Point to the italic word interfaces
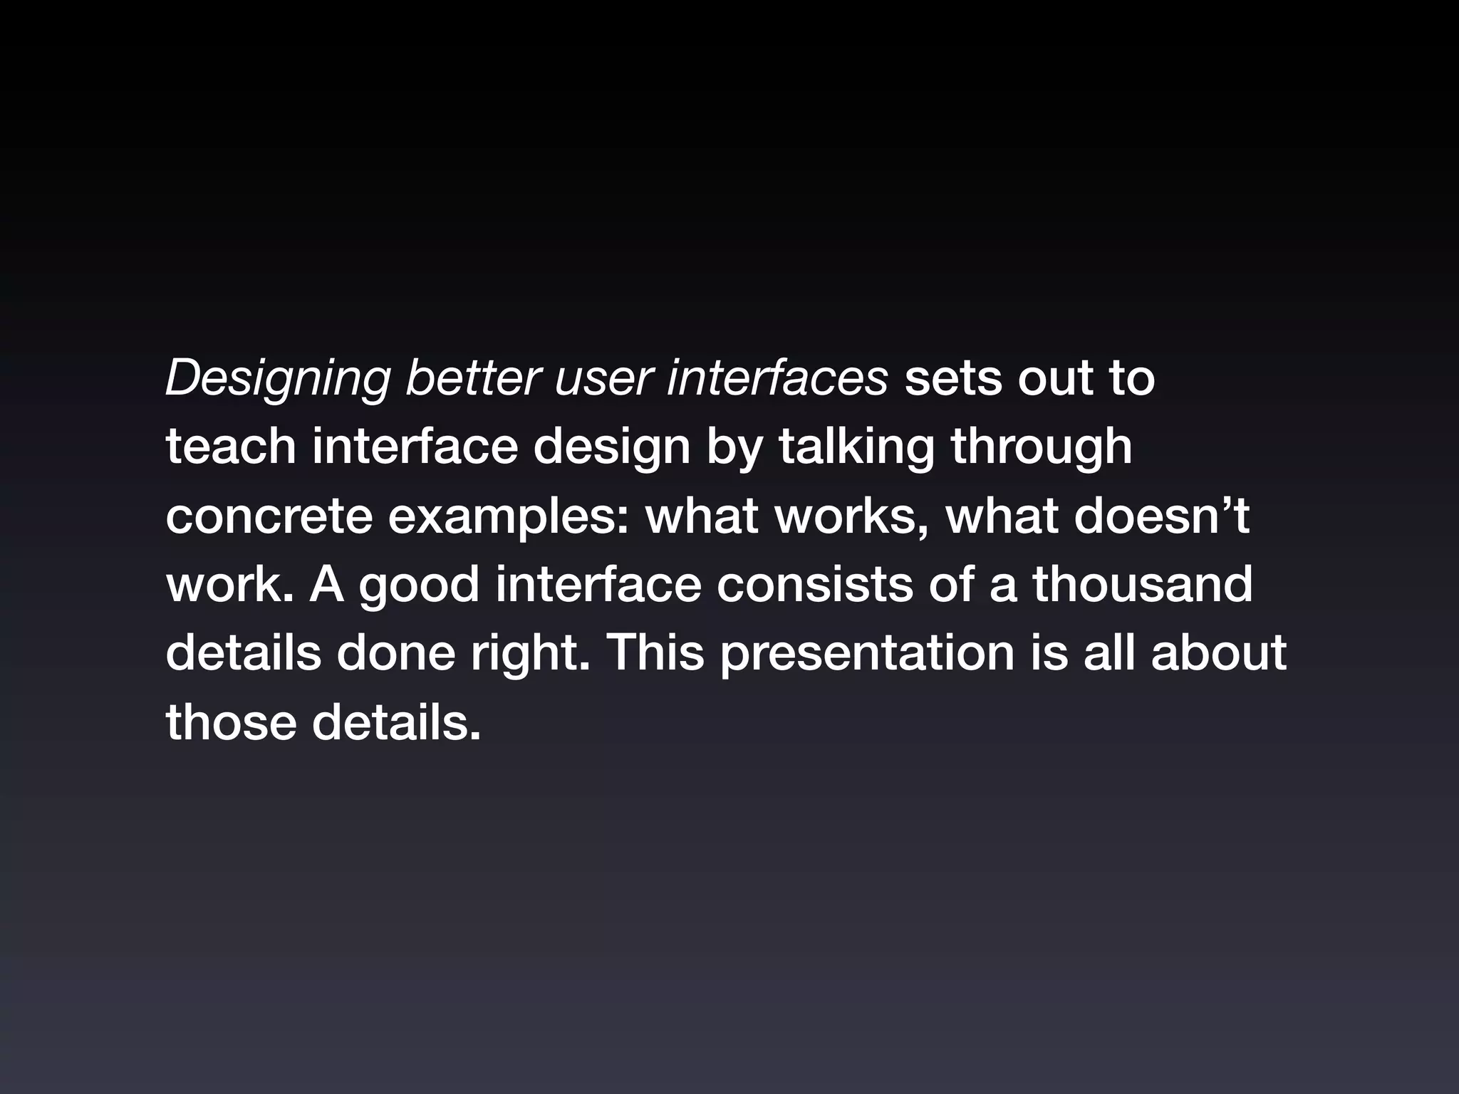pos(777,379)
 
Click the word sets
pos(952,379)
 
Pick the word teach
pos(230,447)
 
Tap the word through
pos(1041,447)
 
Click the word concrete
pos(269,516)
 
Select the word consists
pos(814,584)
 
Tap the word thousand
pos(1142,584)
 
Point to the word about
pos(1218,652)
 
